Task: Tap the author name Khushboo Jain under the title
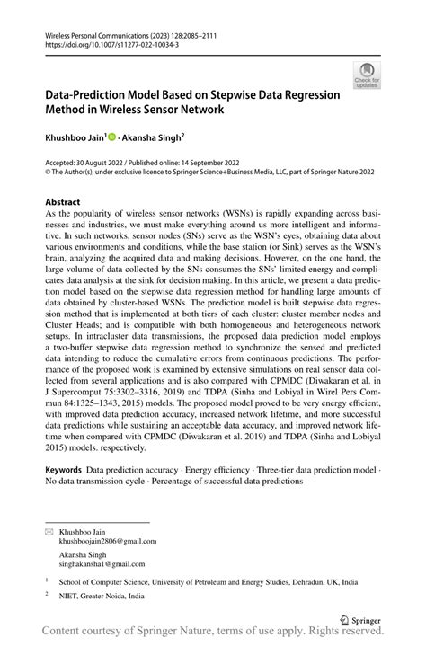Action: click(74, 139)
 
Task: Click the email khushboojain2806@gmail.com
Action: click(107, 541)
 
